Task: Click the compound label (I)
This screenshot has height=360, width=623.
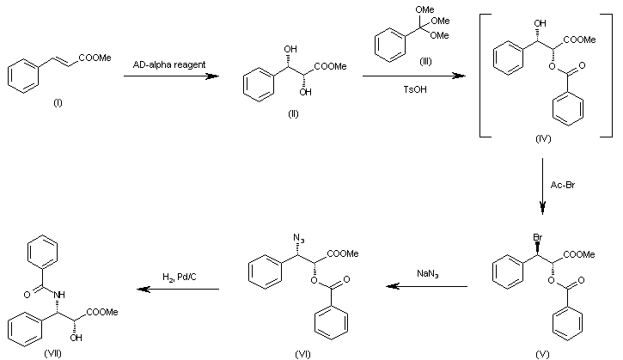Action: tap(58, 102)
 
